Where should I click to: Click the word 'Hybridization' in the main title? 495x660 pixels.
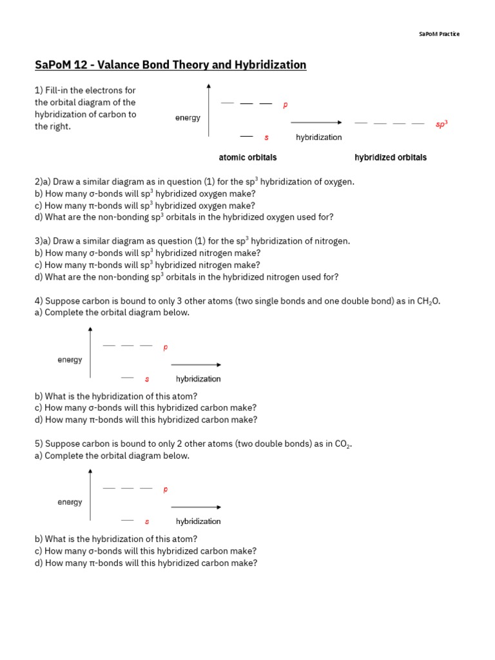tap(271, 65)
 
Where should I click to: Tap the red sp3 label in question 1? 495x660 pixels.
tap(441, 124)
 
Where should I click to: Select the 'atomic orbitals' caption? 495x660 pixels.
tap(248, 157)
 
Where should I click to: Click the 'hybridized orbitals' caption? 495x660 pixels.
tap(391, 157)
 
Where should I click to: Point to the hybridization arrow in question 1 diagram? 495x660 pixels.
tap(316, 122)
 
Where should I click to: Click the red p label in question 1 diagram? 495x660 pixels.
tap(286, 104)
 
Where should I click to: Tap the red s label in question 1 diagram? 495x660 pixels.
tap(266, 137)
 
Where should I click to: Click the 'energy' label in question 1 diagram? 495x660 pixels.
tap(188, 118)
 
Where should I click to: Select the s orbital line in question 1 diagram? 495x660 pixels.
tap(246, 137)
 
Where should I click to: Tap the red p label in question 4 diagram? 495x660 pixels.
tap(165, 347)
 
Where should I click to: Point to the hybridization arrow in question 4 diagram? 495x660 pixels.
tap(196, 365)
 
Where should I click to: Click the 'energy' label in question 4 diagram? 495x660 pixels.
tap(70, 360)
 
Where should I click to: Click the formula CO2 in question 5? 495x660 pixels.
tap(341, 444)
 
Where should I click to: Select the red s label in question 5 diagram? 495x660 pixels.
tap(147, 521)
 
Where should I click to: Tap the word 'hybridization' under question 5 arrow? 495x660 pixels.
tap(199, 521)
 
